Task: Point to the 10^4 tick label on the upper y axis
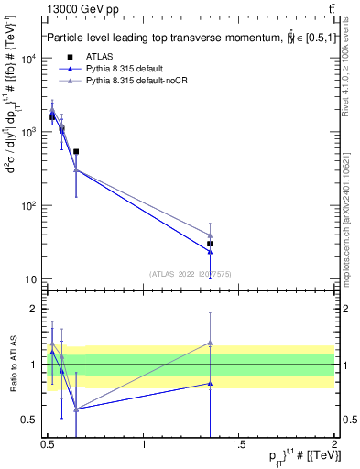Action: click(28, 59)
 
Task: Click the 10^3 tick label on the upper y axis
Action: click(28, 132)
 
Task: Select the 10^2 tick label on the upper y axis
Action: click(28, 206)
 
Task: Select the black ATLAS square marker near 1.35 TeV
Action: click(211, 244)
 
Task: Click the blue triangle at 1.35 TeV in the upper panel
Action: click(211, 251)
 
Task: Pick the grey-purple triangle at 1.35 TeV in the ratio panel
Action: click(211, 343)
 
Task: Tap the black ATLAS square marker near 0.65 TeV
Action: click(76, 152)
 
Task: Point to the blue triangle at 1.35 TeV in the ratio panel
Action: click(211, 384)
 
